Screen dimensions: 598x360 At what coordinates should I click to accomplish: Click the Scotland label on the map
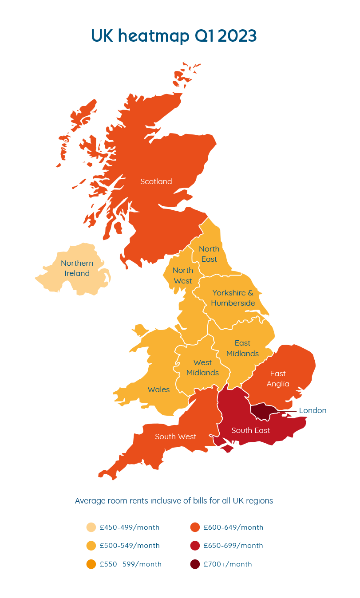tap(156, 181)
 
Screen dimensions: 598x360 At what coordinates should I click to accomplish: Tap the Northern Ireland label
tap(77, 268)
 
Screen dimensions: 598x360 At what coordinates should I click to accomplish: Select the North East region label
tap(209, 254)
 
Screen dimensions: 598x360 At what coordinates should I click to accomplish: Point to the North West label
tap(182, 275)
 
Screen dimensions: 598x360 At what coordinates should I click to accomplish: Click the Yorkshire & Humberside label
tap(233, 298)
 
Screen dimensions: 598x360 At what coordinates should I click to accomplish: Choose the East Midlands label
tap(242, 348)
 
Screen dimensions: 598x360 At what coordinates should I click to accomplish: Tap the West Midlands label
tap(202, 367)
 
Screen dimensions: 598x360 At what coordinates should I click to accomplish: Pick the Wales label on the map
tap(158, 389)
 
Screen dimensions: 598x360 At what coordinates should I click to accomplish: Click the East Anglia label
tap(278, 378)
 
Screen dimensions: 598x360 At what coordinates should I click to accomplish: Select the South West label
tap(175, 437)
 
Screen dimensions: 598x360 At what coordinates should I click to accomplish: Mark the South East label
tap(250, 430)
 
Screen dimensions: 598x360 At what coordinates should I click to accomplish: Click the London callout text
tap(313, 410)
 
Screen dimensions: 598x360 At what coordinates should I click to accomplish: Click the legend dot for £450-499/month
tap(91, 527)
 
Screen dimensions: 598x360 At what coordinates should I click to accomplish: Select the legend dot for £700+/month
tap(195, 564)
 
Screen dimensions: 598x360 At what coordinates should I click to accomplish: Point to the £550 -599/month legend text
tap(131, 564)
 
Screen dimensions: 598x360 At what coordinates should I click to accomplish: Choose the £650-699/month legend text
tap(233, 546)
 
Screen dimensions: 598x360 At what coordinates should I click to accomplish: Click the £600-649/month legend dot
tap(195, 527)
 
